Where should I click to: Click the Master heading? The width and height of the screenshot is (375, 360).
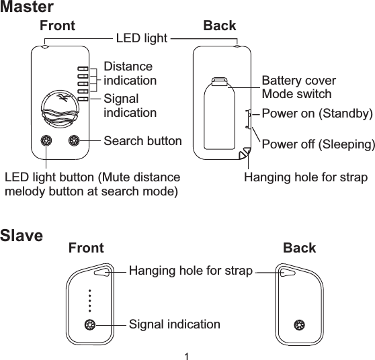point(27,8)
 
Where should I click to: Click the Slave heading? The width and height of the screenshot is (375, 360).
point(22,236)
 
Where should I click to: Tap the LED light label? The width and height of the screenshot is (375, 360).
point(141,38)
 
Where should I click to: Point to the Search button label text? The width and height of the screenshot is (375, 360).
point(142,141)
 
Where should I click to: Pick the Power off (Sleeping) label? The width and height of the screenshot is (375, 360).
point(317,145)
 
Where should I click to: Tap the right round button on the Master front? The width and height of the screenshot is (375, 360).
point(75,141)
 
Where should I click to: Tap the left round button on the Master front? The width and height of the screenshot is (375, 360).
point(46,141)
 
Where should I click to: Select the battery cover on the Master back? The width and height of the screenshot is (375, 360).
point(218,114)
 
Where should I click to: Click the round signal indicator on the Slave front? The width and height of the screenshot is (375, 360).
point(89,325)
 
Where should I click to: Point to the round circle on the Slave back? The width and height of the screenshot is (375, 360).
point(299,325)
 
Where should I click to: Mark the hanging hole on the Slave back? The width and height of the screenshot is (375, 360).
point(287,272)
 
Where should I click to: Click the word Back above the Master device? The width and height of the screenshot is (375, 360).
point(220,26)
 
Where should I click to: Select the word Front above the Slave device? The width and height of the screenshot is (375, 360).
point(86,248)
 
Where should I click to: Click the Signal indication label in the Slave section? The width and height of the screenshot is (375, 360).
point(174,325)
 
